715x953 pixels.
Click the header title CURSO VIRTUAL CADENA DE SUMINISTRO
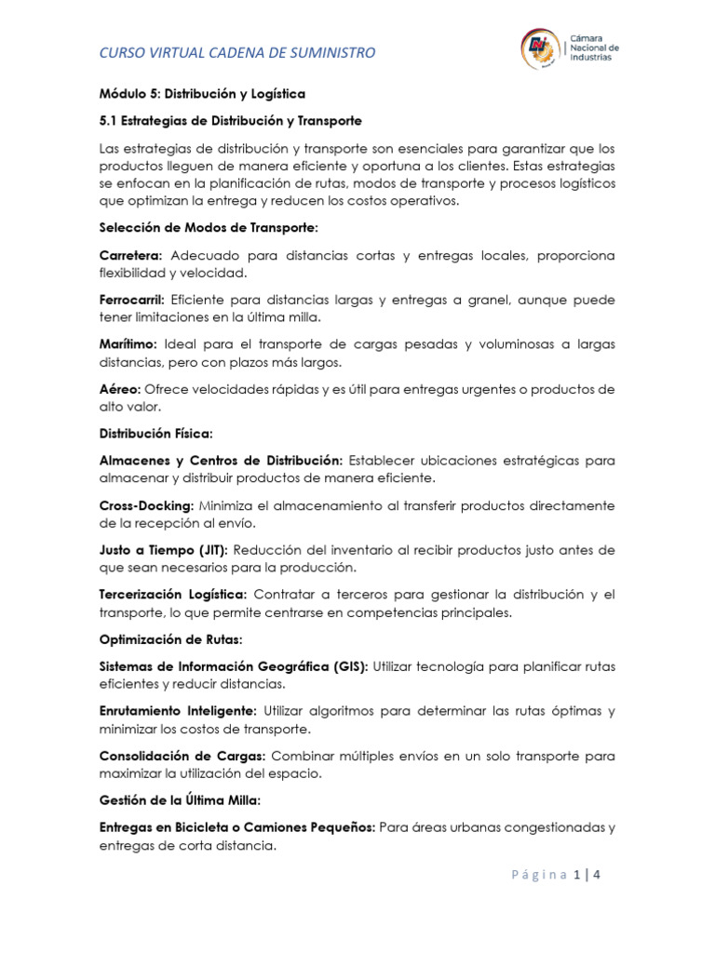237,53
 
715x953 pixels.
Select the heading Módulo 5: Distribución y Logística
202,94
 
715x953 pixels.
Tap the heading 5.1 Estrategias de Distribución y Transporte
230,121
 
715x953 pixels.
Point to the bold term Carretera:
131,255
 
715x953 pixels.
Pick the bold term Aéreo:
120,389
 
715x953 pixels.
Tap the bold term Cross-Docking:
144,505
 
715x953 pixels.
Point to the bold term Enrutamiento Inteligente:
178,711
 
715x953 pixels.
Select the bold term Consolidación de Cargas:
182,756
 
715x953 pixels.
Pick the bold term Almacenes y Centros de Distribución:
222,461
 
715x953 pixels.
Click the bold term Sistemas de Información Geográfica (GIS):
234,666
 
